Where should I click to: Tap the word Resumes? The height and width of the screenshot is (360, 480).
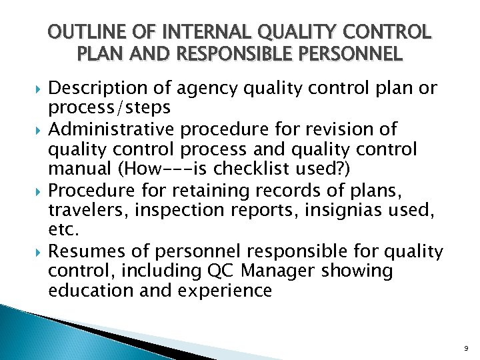tap(81, 252)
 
